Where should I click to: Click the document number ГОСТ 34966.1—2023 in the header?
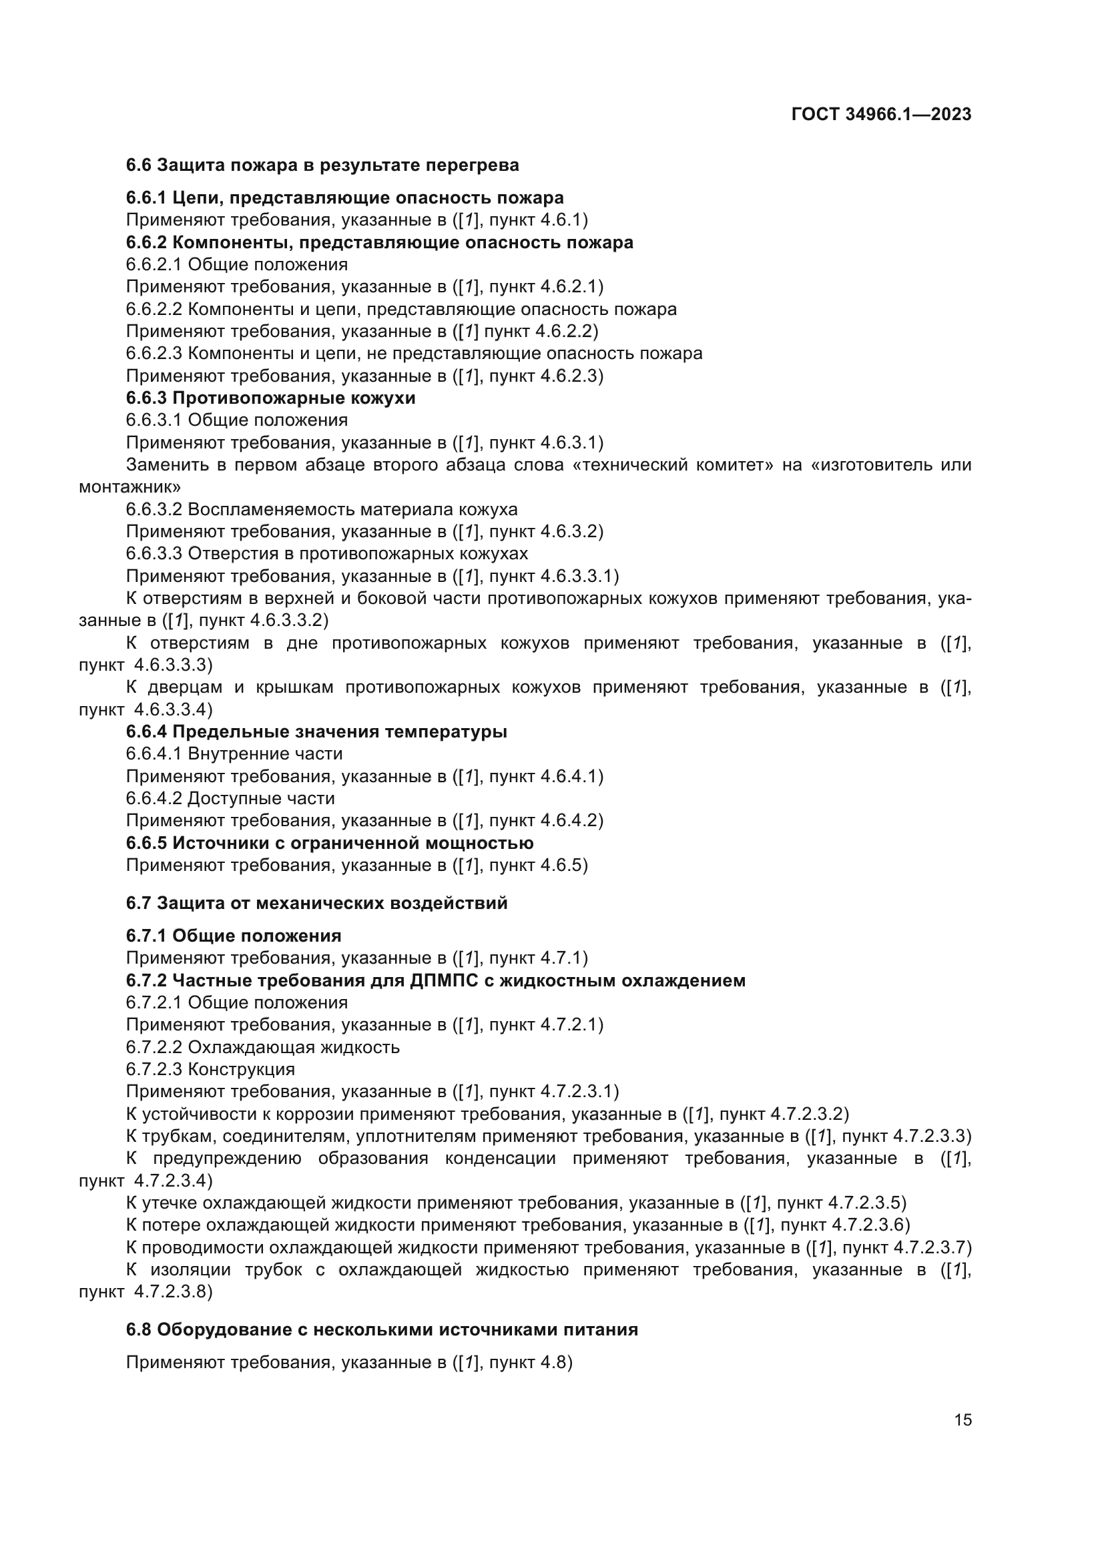click(881, 114)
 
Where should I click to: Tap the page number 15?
click(962, 1420)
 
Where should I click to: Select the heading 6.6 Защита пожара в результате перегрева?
click(322, 166)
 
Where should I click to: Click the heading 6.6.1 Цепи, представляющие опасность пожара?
click(344, 198)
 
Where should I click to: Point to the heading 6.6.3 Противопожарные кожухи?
click(270, 398)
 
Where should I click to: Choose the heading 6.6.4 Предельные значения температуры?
click(316, 731)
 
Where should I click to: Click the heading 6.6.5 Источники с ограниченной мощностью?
click(330, 843)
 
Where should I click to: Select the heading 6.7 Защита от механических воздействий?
click(317, 903)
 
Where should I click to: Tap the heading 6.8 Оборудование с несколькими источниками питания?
click(382, 1329)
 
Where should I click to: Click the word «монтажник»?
click(130, 487)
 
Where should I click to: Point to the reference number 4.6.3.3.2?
click(289, 621)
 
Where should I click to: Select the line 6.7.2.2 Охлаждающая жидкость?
click(262, 1047)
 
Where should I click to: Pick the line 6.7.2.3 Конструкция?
click(210, 1068)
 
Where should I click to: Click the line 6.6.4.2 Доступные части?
click(230, 798)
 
